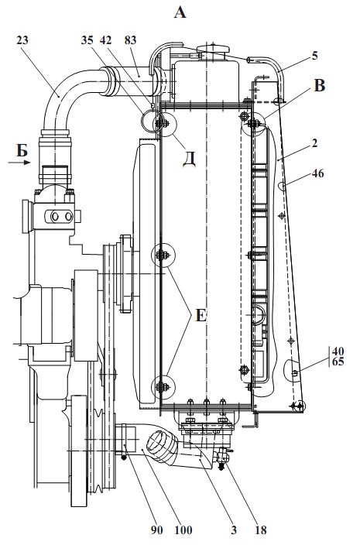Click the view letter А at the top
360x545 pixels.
[x=180, y=13]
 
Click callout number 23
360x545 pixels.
[x=22, y=40]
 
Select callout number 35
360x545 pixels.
[x=87, y=40]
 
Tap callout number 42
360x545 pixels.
[x=105, y=40]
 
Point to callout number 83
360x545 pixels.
[x=130, y=40]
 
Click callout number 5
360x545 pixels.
[x=314, y=56]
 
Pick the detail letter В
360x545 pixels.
[x=320, y=85]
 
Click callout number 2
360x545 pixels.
[x=314, y=143]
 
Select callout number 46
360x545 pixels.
[x=318, y=173]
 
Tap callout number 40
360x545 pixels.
[x=338, y=350]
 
